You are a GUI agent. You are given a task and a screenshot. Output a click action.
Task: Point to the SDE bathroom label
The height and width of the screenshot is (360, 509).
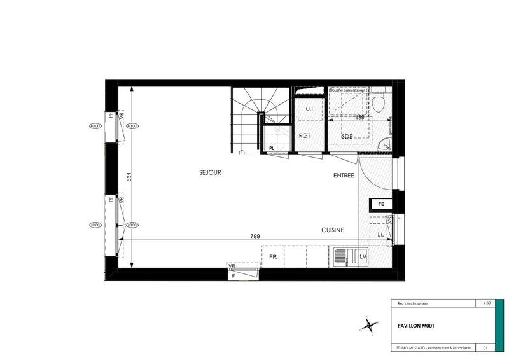(x=347, y=137)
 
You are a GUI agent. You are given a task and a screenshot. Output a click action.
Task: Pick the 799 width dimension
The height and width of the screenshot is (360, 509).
(x=255, y=236)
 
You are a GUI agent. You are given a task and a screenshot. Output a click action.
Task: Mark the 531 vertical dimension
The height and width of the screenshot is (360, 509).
(x=129, y=177)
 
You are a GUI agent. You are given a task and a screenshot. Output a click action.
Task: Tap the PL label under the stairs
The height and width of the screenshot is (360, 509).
(x=272, y=148)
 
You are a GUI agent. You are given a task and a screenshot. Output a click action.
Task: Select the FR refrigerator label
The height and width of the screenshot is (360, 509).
(x=273, y=257)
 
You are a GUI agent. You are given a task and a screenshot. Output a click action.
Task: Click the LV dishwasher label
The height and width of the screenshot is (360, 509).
(x=363, y=257)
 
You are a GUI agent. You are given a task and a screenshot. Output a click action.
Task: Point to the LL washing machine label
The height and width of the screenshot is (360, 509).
(x=380, y=235)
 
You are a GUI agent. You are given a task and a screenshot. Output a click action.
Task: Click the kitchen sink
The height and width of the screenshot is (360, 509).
(x=344, y=257)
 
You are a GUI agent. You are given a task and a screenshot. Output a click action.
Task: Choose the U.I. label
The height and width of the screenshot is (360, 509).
(x=310, y=109)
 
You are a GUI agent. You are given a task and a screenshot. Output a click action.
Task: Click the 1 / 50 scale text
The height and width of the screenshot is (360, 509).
(x=485, y=303)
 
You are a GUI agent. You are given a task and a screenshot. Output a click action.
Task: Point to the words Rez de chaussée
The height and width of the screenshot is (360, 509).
(x=408, y=304)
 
